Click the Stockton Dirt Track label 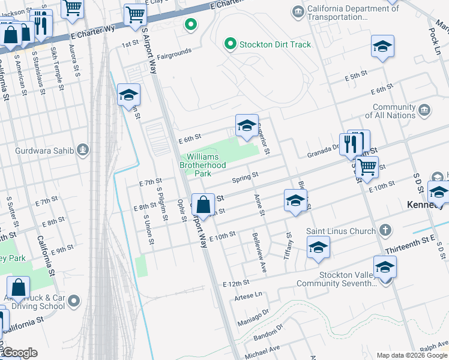(x=275, y=44)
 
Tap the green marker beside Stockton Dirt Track (x=229, y=44)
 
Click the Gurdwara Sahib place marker (x=83, y=149)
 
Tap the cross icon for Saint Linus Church (x=385, y=230)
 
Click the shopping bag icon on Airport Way (x=203, y=205)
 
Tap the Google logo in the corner (x=19, y=353)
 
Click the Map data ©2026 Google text (x=411, y=355)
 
